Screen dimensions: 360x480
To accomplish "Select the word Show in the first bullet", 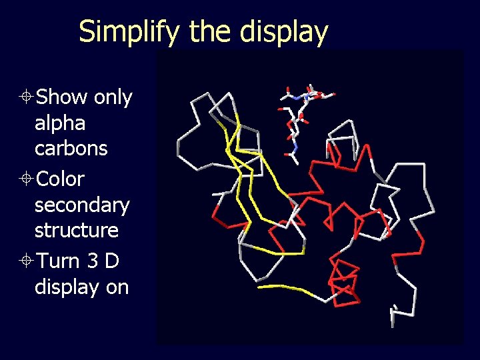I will [x=61, y=97].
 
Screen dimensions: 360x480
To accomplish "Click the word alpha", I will [x=60, y=123].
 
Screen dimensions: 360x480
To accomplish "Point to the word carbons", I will [x=71, y=148].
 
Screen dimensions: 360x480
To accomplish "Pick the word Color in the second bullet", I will [x=60, y=179].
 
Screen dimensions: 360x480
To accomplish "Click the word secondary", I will [x=82, y=205].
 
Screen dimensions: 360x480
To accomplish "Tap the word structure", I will [x=77, y=230].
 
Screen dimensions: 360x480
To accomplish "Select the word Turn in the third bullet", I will [x=58, y=261].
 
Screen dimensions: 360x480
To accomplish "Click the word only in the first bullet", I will [x=113, y=97].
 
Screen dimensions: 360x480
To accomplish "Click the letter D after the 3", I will [x=112, y=261].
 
